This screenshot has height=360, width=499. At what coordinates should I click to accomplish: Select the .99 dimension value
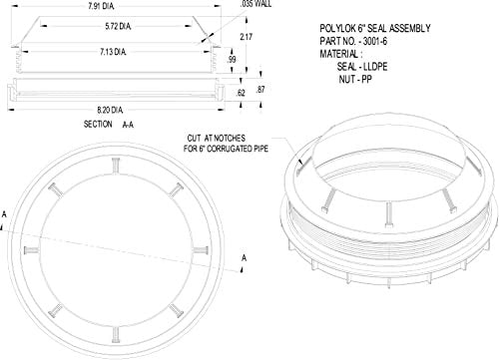coord(234,62)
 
